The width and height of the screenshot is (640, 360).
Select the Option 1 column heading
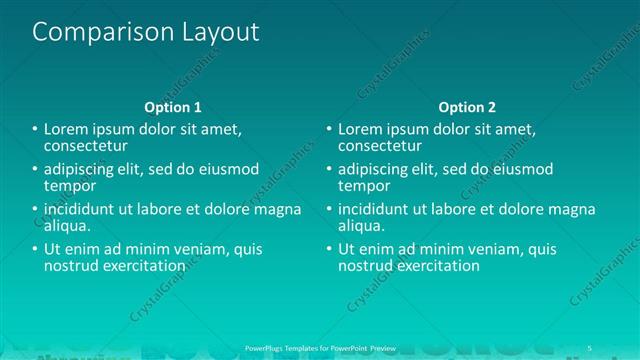[173, 107]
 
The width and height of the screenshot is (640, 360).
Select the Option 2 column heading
[467, 107]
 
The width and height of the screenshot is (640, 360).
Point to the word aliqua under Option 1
[68, 226]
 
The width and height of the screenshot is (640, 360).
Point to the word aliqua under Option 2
[362, 226]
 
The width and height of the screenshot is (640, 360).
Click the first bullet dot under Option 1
[35, 130]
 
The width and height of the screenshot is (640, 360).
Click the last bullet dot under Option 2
[329, 250]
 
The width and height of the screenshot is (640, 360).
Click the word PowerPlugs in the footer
[266, 348]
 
